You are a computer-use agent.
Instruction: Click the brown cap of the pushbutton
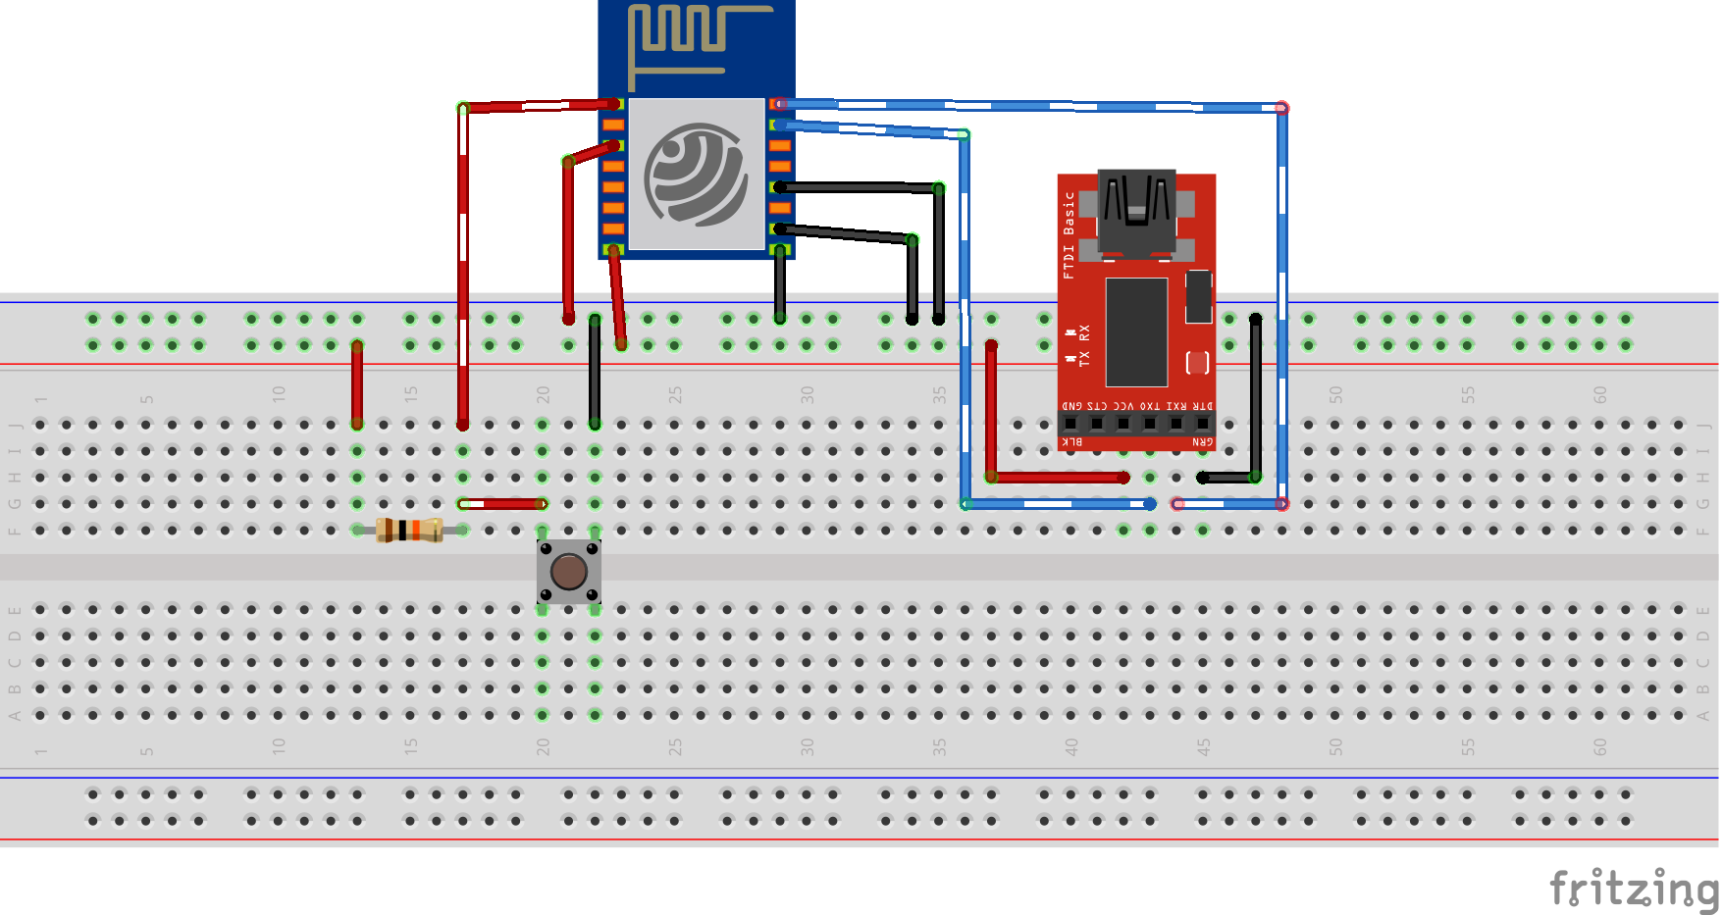(569, 571)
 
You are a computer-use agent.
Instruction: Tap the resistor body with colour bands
(409, 530)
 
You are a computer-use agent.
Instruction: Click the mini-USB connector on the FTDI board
(1136, 211)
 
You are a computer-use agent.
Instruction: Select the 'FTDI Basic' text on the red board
(1069, 234)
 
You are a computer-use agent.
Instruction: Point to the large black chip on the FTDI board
(1136, 331)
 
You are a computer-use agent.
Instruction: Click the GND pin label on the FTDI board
(1071, 405)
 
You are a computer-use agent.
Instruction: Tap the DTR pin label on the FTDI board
(1203, 405)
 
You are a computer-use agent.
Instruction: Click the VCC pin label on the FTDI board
(1123, 405)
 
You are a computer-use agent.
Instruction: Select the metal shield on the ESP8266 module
(697, 174)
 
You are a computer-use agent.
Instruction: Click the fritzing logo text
(1633, 889)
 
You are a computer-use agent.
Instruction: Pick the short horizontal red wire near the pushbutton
(502, 504)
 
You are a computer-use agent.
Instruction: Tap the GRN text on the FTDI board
(1203, 442)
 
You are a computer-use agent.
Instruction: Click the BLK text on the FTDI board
(1073, 442)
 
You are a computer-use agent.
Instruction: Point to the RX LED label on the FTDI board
(1084, 332)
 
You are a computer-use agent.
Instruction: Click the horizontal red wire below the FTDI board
(1058, 478)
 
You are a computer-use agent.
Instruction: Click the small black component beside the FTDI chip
(1198, 296)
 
